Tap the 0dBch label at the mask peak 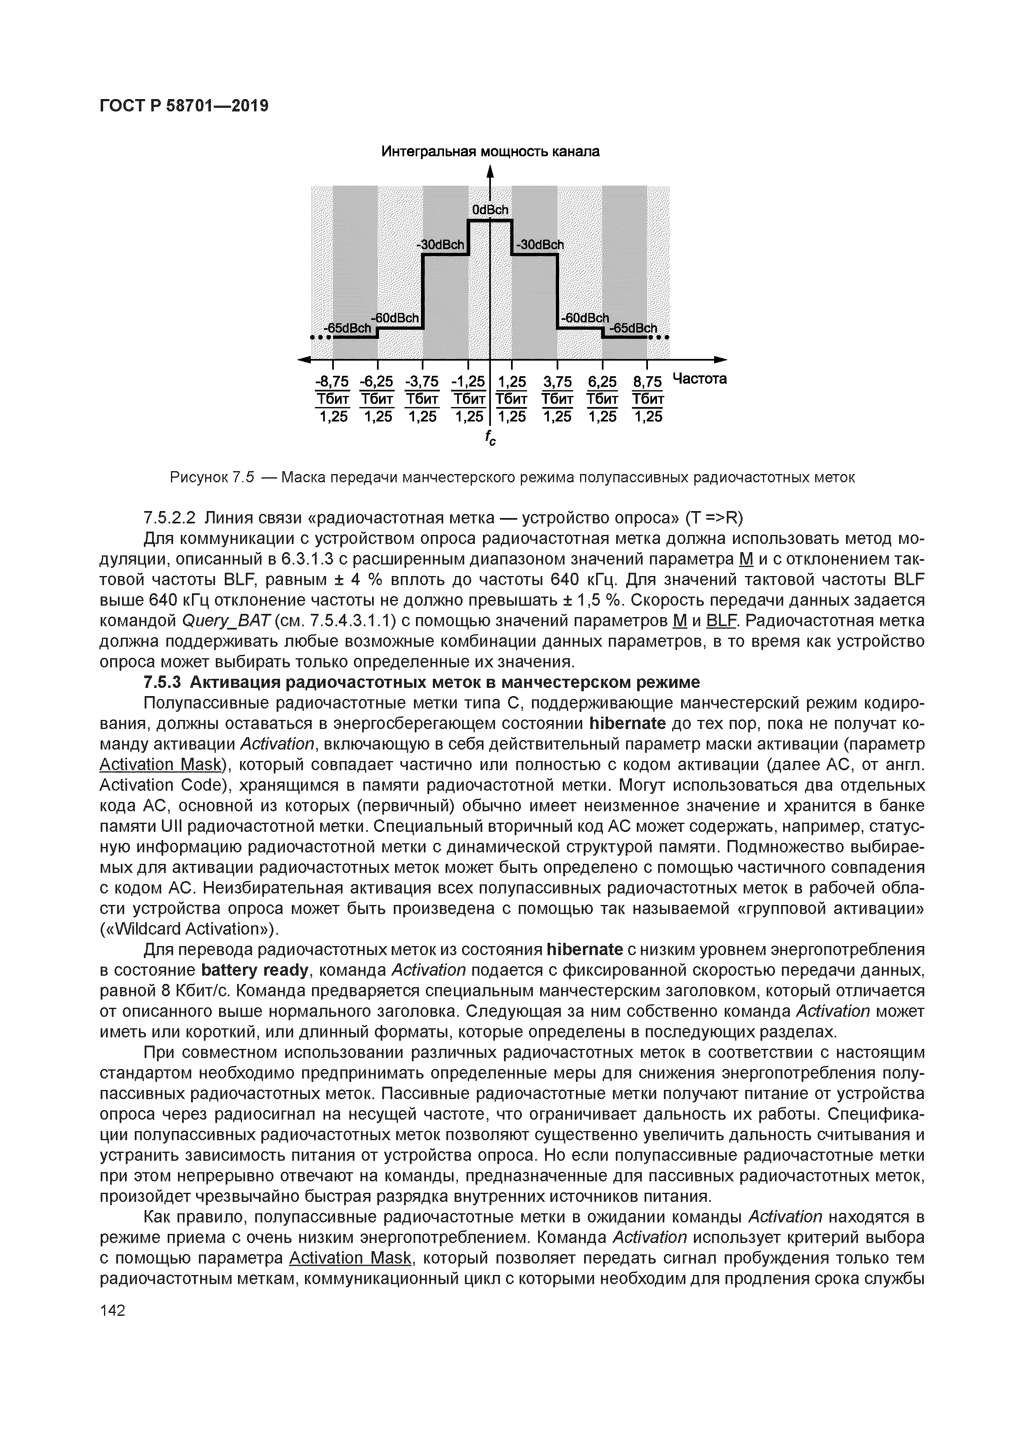[x=490, y=210]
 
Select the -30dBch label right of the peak [x=539, y=245]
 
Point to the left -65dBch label [x=347, y=329]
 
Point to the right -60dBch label [x=584, y=318]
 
